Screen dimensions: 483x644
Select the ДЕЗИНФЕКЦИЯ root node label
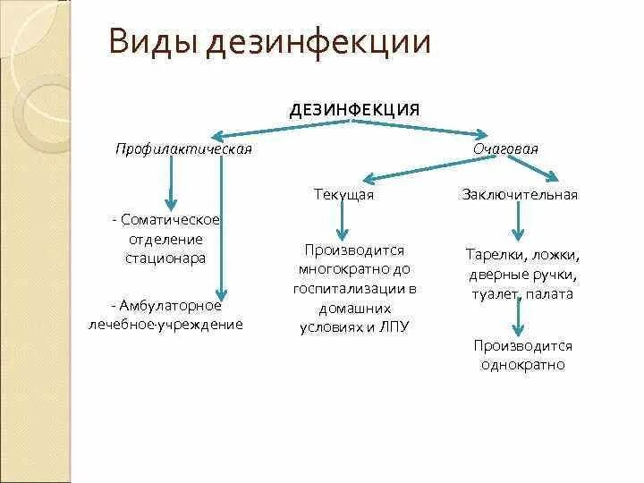[x=354, y=109]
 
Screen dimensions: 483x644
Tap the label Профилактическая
[x=183, y=148]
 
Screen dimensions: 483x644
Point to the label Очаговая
[x=505, y=148]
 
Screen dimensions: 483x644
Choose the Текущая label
[x=343, y=194]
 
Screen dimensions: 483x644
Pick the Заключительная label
[x=520, y=194]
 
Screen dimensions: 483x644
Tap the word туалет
[x=488, y=292]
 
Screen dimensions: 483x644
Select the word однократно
[x=522, y=365]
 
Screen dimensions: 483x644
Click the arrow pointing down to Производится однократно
[x=517, y=317]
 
